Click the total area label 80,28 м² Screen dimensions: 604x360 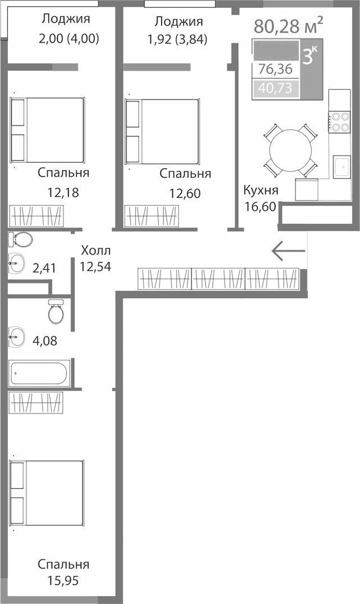coord(288,25)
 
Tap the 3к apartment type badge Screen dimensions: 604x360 coord(309,57)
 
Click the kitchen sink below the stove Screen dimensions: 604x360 coord(340,166)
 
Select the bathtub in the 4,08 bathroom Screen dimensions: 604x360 coord(38,374)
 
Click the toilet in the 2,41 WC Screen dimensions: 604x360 coord(21,240)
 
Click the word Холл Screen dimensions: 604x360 coord(96,250)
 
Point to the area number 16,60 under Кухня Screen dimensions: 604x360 coord(260,206)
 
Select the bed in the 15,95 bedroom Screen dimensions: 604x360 coord(47,493)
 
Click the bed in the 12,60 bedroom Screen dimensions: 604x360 coord(162,133)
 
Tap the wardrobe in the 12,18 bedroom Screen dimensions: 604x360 coord(37,216)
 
